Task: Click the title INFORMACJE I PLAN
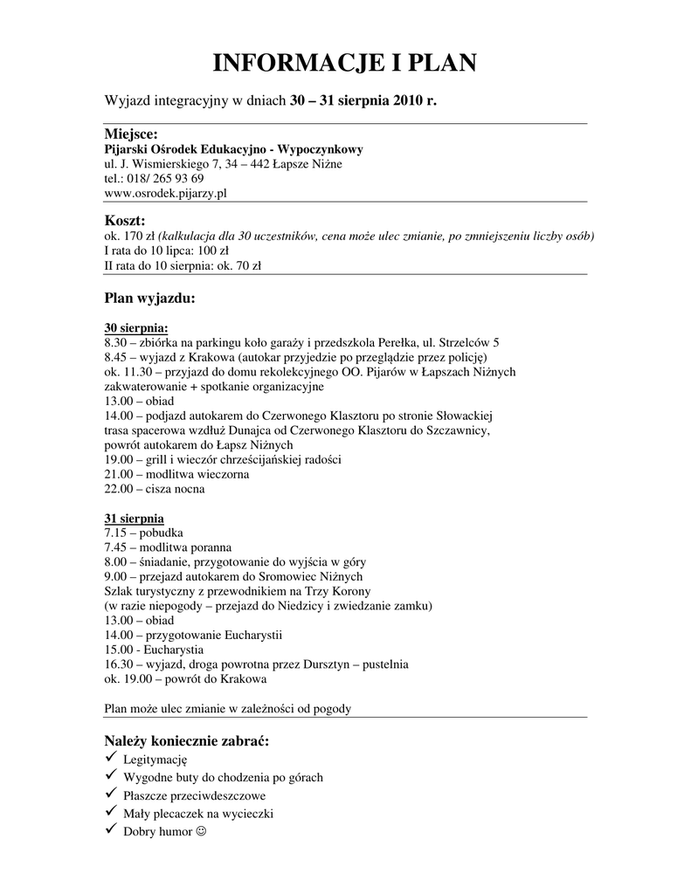click(345, 63)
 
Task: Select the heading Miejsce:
click(131, 134)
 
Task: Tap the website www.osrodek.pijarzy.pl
click(165, 193)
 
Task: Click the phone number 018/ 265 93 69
click(166, 178)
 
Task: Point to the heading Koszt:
click(125, 220)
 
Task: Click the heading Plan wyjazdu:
click(149, 299)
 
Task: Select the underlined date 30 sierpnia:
click(136, 328)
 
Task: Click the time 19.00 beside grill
click(119, 459)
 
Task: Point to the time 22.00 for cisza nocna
click(119, 489)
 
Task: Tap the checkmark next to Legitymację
click(110, 758)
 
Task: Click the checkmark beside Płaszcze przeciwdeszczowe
click(110, 794)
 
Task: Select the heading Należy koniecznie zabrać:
click(187, 740)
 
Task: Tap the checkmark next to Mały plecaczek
click(110, 813)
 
